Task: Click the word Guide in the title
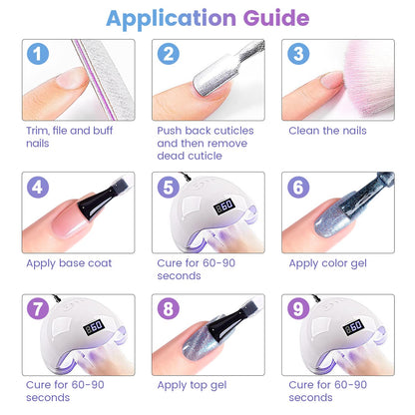point(276,18)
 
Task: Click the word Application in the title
point(171,19)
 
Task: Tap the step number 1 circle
point(38,54)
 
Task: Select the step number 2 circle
point(169,54)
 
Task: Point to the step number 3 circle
point(298,54)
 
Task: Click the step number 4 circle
point(38,187)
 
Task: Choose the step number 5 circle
point(169,187)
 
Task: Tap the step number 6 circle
point(298,187)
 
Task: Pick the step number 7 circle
point(38,308)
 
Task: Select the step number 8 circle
point(169,308)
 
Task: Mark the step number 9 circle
point(298,308)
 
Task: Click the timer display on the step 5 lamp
point(224,207)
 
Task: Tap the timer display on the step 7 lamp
point(94,327)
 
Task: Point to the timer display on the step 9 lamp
point(353,327)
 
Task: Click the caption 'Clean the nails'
point(327,131)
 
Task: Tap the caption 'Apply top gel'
point(192,385)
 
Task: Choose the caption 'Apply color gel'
point(327,263)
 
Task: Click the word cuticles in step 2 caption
point(232,131)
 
